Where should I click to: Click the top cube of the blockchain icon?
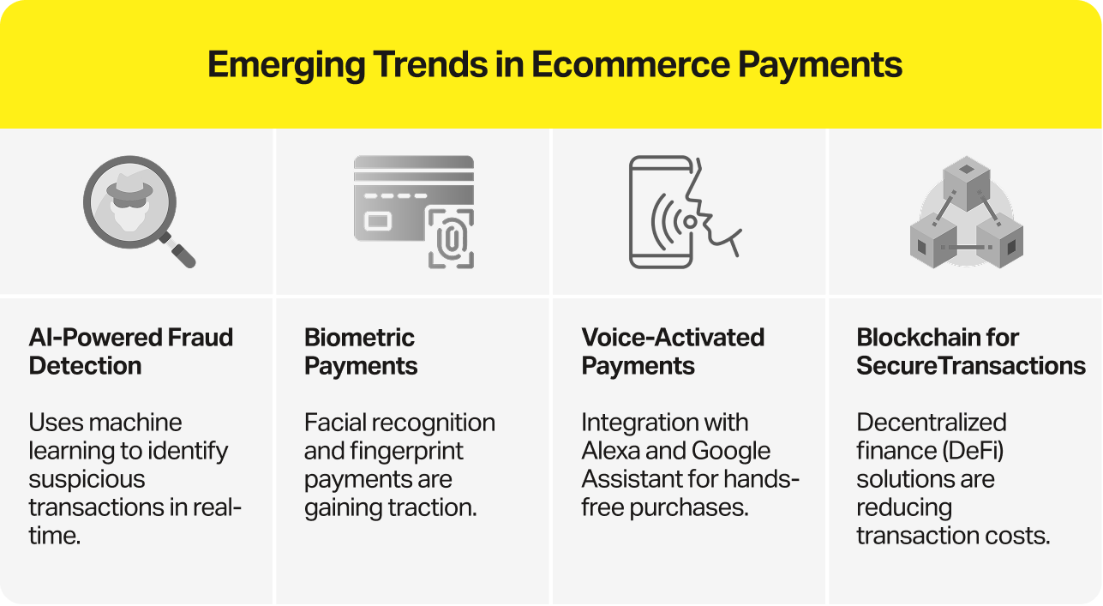click(966, 183)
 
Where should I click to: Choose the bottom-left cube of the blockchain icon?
click(933, 243)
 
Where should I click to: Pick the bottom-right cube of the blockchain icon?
click(999, 243)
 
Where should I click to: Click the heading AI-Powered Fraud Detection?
click(130, 351)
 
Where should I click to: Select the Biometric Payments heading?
click(361, 351)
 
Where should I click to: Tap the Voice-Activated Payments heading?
click(673, 351)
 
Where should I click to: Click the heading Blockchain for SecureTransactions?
click(970, 351)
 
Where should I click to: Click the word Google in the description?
click(731, 451)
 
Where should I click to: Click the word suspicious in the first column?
click(87, 479)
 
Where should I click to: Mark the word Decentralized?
click(931, 423)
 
